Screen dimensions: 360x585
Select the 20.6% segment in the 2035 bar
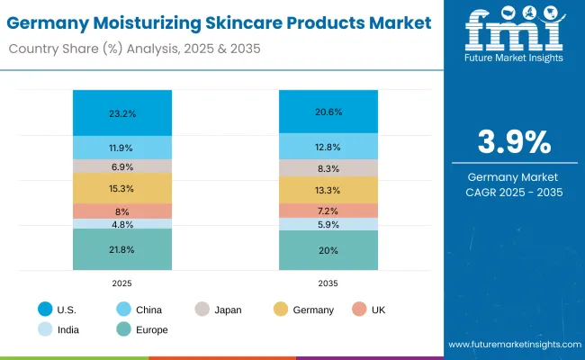coord(328,111)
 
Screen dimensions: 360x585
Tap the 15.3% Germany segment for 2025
coord(121,188)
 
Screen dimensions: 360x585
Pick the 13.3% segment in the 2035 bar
coord(328,190)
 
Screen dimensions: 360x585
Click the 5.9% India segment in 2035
coord(328,225)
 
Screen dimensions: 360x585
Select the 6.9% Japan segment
coord(121,166)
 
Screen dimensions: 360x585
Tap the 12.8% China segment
coord(328,147)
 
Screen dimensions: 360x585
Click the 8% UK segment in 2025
coord(121,211)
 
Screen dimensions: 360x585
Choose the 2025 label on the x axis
coord(121,283)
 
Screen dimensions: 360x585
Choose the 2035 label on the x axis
coord(328,283)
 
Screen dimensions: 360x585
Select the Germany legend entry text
coord(313,310)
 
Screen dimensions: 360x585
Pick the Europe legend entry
coord(149,329)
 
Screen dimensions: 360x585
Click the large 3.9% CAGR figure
coord(512,141)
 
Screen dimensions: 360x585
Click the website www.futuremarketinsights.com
coord(512,345)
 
